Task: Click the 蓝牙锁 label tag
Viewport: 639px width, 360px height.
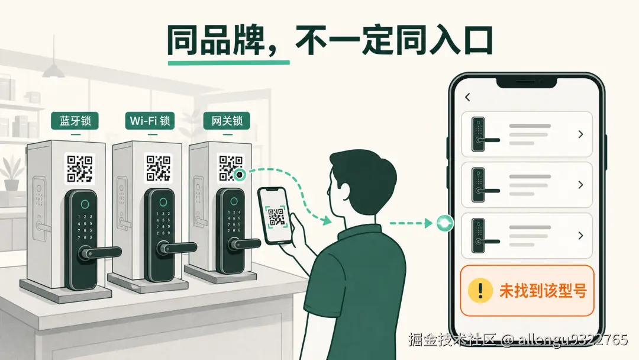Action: [75, 121]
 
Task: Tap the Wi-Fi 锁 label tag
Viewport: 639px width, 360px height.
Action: [150, 121]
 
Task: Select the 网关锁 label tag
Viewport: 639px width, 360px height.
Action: [227, 121]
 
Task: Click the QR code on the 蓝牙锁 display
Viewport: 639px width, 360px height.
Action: [80, 168]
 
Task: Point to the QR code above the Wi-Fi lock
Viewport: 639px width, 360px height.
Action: [159, 168]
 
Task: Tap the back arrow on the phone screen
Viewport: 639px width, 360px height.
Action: [467, 97]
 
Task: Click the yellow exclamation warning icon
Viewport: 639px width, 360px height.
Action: [480, 290]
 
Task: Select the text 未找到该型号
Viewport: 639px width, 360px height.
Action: [543, 291]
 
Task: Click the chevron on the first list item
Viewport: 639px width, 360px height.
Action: [581, 134]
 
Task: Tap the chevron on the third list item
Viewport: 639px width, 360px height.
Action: [581, 235]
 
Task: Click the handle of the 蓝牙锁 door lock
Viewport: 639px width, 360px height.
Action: [100, 252]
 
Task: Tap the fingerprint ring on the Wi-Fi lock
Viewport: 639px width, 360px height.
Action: [163, 202]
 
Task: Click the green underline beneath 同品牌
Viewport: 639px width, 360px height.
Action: [228, 63]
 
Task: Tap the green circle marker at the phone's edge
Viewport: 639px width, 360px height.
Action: [444, 223]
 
